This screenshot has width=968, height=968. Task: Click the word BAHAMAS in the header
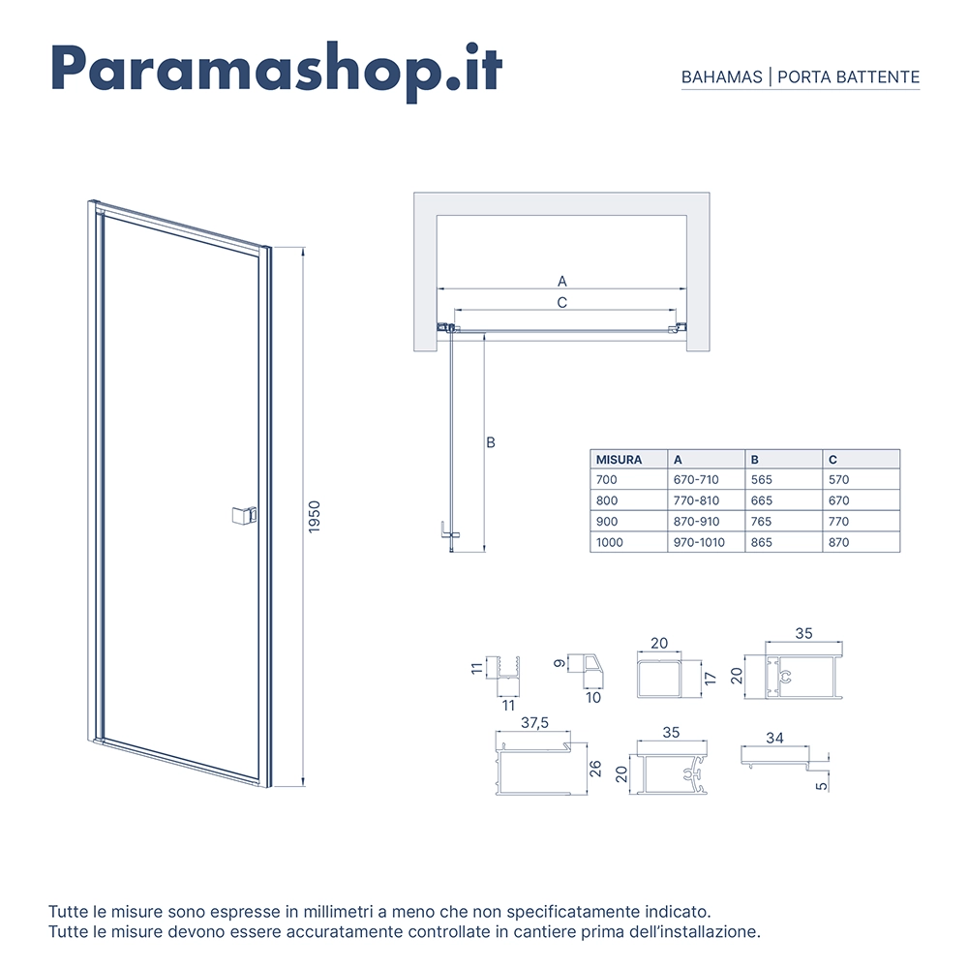pos(722,77)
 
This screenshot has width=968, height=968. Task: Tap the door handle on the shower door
pos(244,515)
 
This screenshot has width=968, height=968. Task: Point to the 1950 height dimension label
pos(315,517)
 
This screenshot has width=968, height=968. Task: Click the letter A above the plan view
pos(561,282)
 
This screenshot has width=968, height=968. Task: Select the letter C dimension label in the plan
pos(561,302)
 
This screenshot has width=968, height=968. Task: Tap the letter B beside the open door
pos(491,442)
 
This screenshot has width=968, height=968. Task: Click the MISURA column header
pos(619,459)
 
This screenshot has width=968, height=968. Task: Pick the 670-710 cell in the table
pos(696,480)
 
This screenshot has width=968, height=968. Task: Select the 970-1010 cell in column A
pos(699,543)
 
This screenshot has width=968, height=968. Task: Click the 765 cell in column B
pos(761,522)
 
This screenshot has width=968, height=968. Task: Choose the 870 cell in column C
pos(839,543)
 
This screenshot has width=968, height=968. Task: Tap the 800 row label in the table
pos(607,500)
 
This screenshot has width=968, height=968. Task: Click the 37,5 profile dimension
pos(534,722)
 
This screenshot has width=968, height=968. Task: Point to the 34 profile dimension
pos(774,738)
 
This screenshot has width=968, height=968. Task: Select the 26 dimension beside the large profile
pos(595,769)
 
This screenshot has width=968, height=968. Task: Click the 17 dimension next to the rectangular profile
pos(711,679)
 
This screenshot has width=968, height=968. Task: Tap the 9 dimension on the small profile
pos(560,664)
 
